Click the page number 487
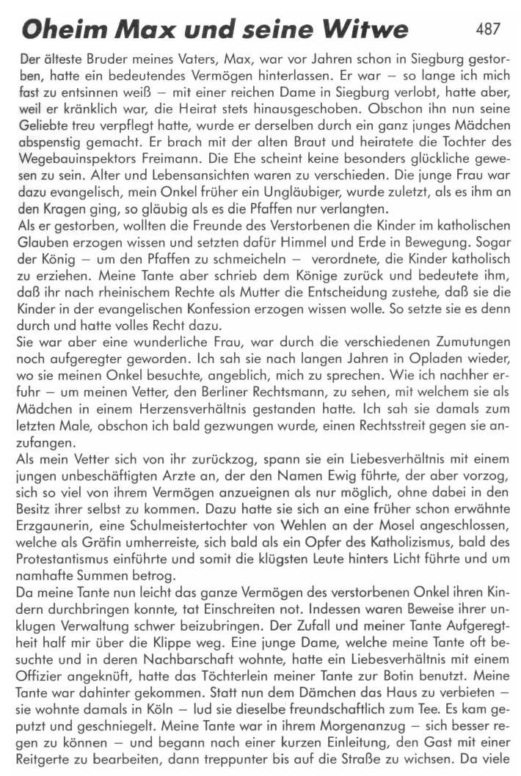pyautogui.click(x=488, y=29)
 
